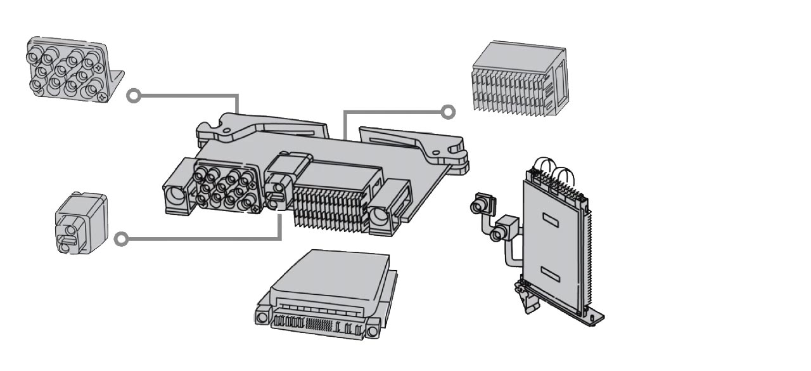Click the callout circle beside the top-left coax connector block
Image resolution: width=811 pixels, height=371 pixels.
(133, 96)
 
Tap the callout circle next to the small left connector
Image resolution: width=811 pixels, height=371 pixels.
(122, 239)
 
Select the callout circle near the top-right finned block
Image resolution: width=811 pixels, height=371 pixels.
(448, 112)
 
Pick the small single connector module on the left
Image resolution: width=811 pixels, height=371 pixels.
(80, 223)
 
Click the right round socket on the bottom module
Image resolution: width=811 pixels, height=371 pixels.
(373, 330)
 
